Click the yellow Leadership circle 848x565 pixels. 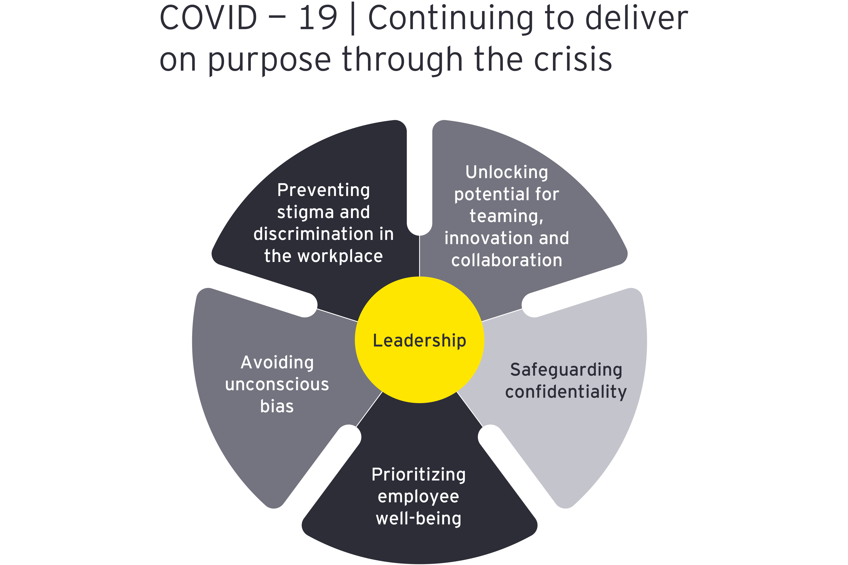click(x=419, y=375)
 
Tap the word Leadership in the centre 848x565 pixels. click(x=419, y=341)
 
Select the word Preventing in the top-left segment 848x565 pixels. click(x=323, y=190)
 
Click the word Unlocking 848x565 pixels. click(x=507, y=172)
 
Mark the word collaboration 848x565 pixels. click(x=507, y=260)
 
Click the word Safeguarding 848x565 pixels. click(x=566, y=370)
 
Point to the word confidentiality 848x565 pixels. click(x=566, y=392)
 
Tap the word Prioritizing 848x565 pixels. click(x=419, y=475)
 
